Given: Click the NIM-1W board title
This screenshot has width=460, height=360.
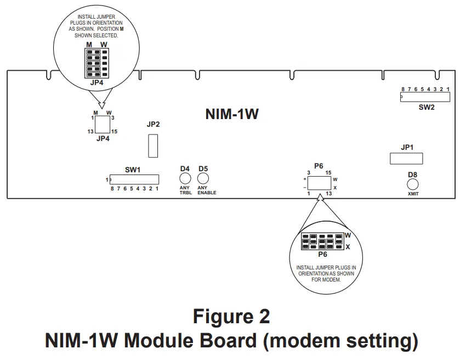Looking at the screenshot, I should point(231,114).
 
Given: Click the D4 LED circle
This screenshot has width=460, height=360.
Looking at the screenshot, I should point(185,179).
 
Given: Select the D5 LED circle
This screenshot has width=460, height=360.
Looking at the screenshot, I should point(203,179).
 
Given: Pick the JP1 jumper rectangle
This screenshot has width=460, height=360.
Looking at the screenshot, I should point(406,159).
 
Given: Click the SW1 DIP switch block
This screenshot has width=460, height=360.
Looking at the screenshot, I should point(134,179).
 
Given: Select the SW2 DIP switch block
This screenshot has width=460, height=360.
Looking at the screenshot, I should point(425,97).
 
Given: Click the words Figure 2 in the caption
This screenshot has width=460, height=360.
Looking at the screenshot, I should point(231,317).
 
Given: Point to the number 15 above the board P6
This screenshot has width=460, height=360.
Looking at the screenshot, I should point(328,173).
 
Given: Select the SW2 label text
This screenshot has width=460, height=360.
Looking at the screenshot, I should point(426,108).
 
